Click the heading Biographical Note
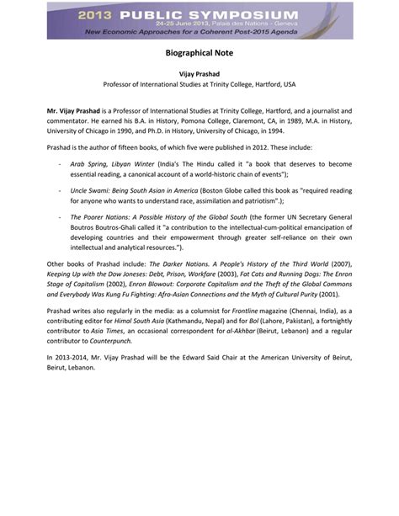[x=199, y=51]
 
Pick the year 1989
[x=260, y=120]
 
